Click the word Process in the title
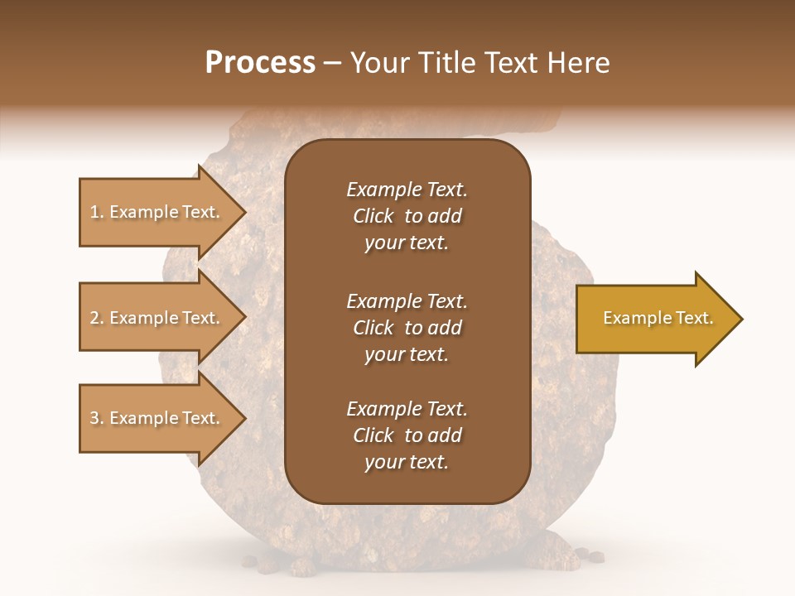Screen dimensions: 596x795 tap(260, 63)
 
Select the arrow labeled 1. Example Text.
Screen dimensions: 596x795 tap(157, 212)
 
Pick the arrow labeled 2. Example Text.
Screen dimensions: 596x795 tap(157, 318)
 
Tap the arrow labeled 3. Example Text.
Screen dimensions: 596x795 tap(157, 418)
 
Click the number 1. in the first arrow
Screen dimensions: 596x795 tap(97, 212)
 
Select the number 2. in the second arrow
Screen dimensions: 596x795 tap(97, 318)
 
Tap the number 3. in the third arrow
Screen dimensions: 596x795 tap(97, 418)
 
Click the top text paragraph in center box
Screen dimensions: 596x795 tap(407, 216)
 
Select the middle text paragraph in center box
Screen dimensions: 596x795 tap(407, 327)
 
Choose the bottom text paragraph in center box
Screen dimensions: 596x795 tap(407, 435)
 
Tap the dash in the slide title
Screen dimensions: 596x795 tap(332, 64)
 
